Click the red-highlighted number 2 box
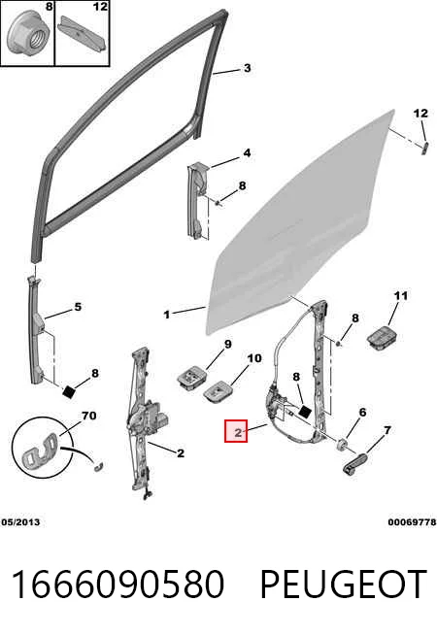tap(236, 430)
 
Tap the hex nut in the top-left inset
tap(29, 35)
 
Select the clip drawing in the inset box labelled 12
tap(83, 35)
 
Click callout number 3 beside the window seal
tap(247, 68)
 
